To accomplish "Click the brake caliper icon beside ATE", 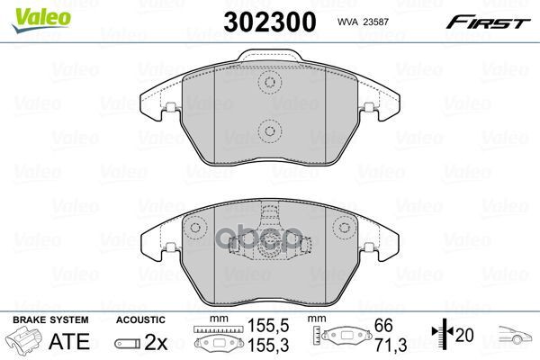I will pos(23,344).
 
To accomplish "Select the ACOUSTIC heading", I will pos(140,320).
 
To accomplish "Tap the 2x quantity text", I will pos(156,343).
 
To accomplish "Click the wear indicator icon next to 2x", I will pos(128,344).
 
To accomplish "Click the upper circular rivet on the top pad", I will pos(268,84).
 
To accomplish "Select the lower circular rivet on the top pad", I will pos(268,131).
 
